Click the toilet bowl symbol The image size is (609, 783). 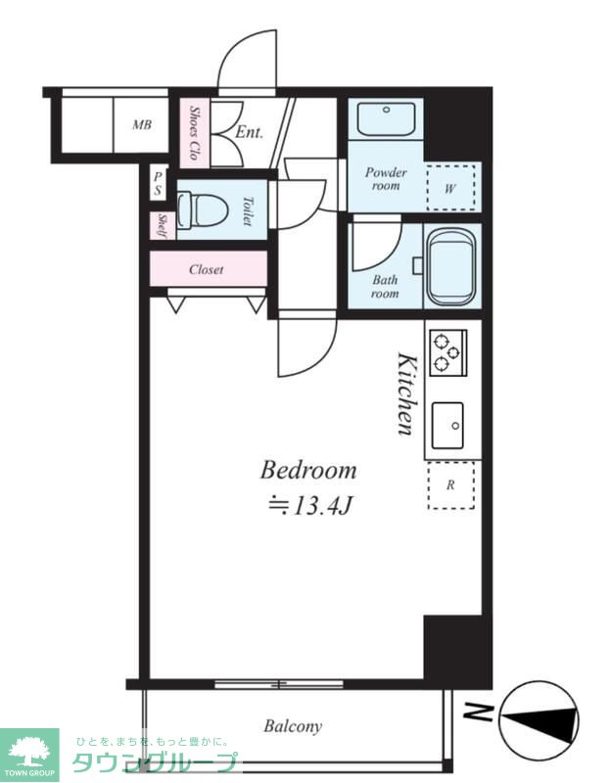pos(203,209)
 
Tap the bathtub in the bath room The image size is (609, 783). pos(452,266)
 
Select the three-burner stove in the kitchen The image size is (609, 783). pos(448,352)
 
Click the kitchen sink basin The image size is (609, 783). pos(447,426)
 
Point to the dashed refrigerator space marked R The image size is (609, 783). pos(451,484)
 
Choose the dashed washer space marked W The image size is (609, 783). pos(451,188)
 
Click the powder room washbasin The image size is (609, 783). pos(386,119)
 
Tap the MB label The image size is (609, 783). pos(142,124)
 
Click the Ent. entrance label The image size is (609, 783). pos(249,132)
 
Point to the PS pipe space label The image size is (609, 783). pos(158,183)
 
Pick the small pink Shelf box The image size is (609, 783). pos(163,226)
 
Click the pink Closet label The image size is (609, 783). pos(207,270)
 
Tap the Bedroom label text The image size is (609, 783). pos(308,471)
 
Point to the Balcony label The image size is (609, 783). pos(293,725)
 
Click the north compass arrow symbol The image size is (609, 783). pos(539,719)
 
